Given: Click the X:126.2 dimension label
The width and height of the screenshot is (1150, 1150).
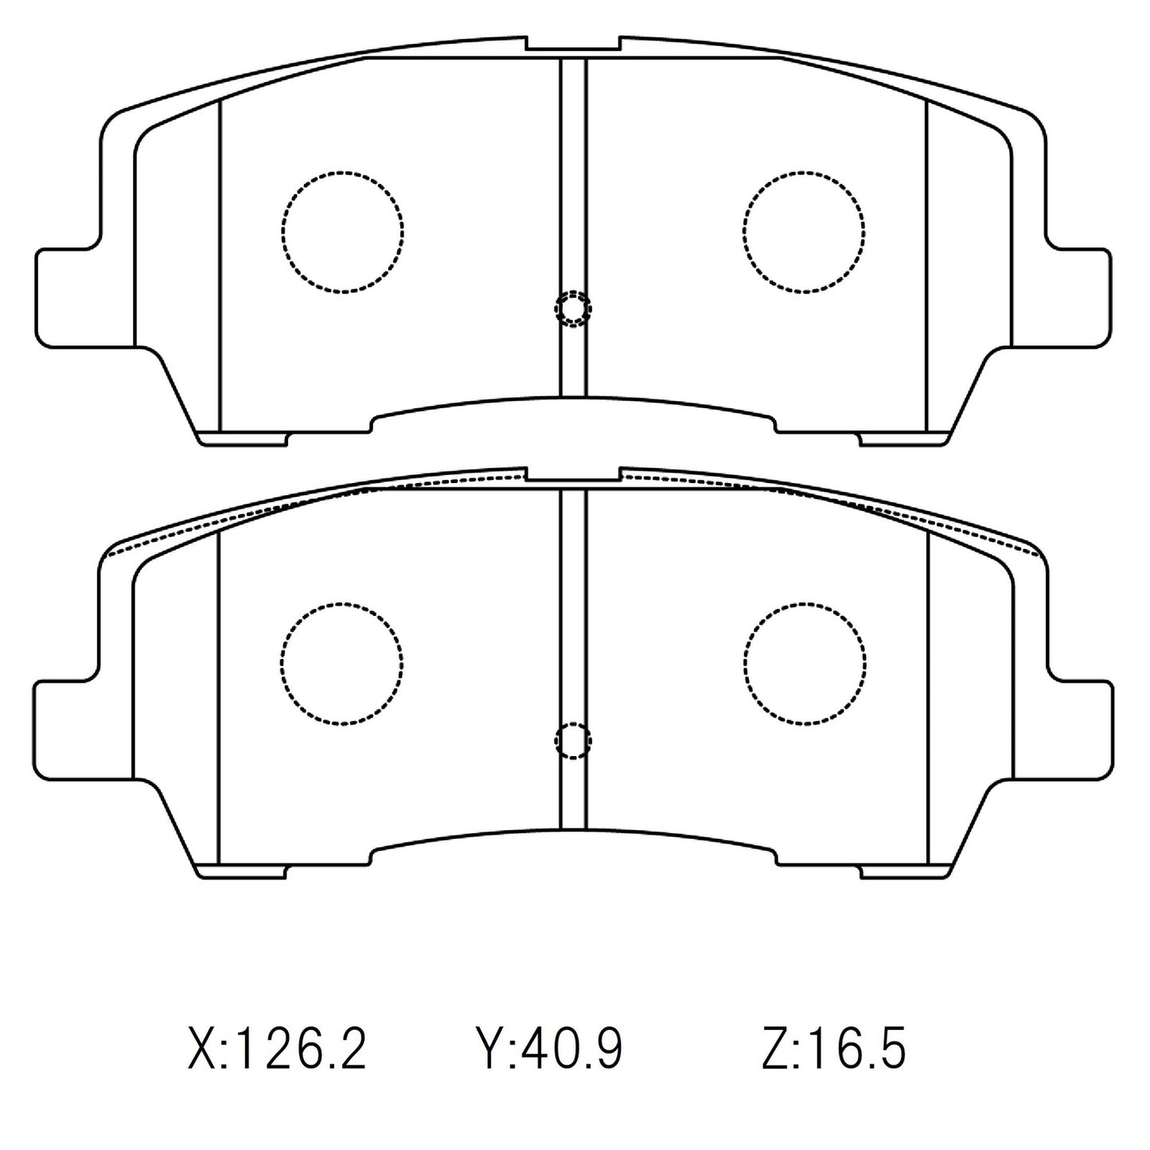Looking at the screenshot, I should point(277,1048).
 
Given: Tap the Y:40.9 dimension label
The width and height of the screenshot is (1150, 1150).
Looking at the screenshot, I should point(548,1048).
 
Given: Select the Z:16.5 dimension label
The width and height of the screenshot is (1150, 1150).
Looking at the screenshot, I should point(833,1048).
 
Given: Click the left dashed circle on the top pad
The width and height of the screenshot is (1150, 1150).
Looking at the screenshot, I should point(342,231).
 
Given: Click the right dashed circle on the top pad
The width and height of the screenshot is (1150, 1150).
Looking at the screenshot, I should point(805,231).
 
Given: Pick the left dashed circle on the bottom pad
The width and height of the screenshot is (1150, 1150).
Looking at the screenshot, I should point(341,662).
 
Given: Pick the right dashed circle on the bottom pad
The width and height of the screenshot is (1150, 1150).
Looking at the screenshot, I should point(805,662).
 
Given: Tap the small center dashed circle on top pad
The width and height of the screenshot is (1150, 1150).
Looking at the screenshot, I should point(573,309).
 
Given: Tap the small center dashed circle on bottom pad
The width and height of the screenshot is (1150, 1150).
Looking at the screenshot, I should point(573,741).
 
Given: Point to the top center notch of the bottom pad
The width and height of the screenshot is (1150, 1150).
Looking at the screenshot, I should point(573,476).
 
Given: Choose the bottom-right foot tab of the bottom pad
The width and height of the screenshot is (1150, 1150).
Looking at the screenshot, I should point(905,871).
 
